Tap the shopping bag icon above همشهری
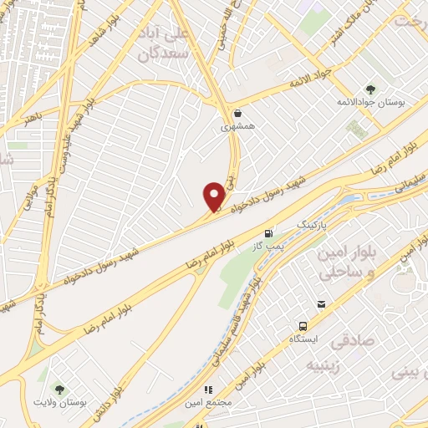coord(239,113)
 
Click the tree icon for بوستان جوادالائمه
coord(371,89)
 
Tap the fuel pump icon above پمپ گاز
coord(267,233)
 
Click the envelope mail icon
coord(357,129)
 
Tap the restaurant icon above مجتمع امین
coord(208,390)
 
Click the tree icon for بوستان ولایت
coord(59,390)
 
